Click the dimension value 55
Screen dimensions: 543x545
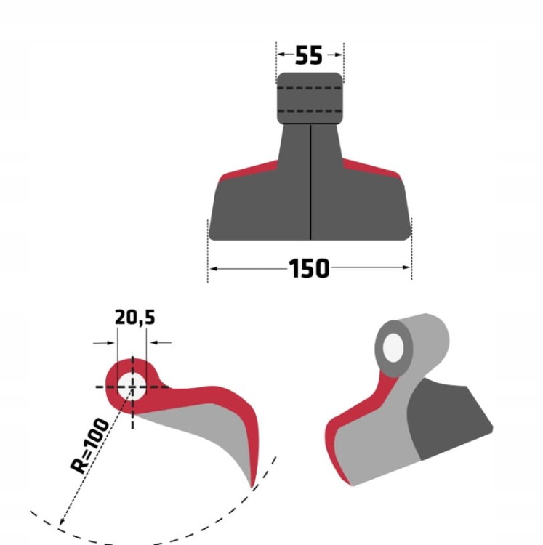pos(309,55)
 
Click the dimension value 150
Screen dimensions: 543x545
pos(309,268)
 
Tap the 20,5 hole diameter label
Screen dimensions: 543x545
pos(135,318)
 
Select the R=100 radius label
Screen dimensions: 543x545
pos(89,446)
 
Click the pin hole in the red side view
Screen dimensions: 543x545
pos(132,387)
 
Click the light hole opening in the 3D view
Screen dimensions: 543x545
pos(393,347)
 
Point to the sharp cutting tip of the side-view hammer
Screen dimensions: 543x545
pos(252,487)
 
